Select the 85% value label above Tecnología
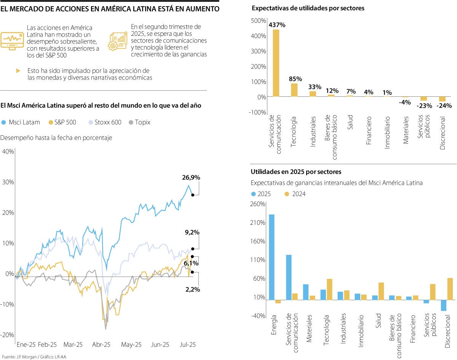pos(296,79)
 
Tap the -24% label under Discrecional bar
pos(445,106)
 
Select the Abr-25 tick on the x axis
pos(101,344)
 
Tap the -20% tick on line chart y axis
pos(7,334)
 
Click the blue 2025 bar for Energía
pos(272,257)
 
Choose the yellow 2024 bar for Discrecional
pos(450,289)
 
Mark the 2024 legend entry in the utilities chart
pos(295,194)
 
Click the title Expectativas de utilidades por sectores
pos(308,8)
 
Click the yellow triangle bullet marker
pos(18,71)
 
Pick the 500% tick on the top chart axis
pos(259,21)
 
